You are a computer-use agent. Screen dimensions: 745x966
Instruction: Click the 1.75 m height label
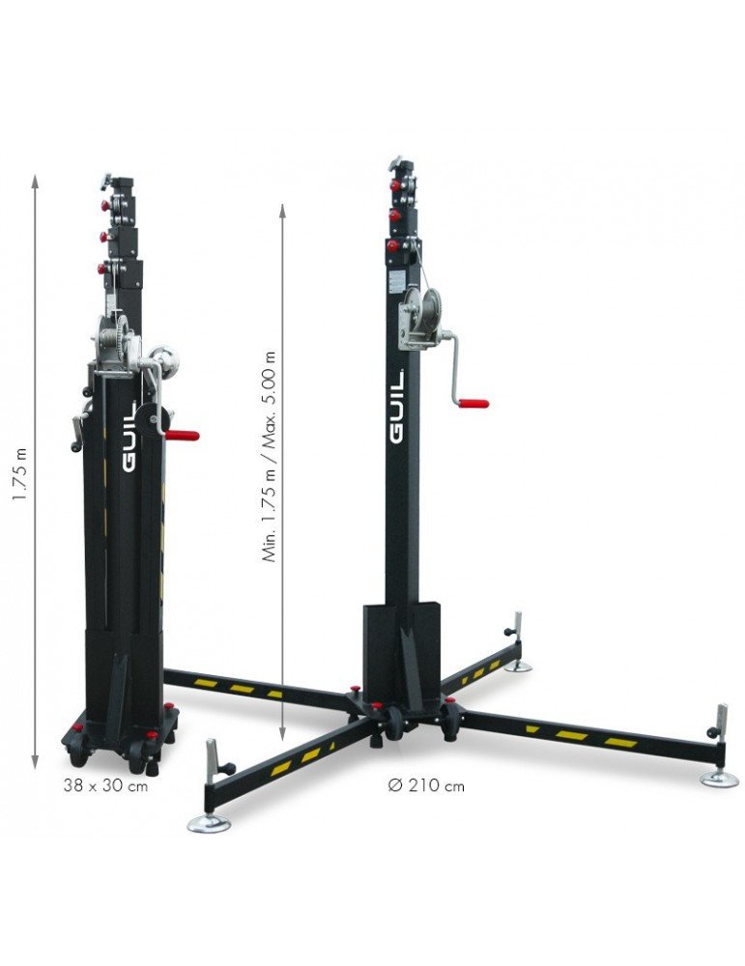click(x=20, y=473)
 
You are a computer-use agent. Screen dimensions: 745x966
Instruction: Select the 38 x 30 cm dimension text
click(x=105, y=785)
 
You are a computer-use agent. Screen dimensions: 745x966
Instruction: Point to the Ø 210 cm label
click(x=426, y=785)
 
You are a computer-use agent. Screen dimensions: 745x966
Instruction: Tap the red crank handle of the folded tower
click(x=183, y=436)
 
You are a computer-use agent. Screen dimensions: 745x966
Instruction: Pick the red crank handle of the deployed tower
click(x=473, y=404)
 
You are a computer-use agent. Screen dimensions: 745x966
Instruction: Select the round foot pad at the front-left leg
click(x=209, y=823)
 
